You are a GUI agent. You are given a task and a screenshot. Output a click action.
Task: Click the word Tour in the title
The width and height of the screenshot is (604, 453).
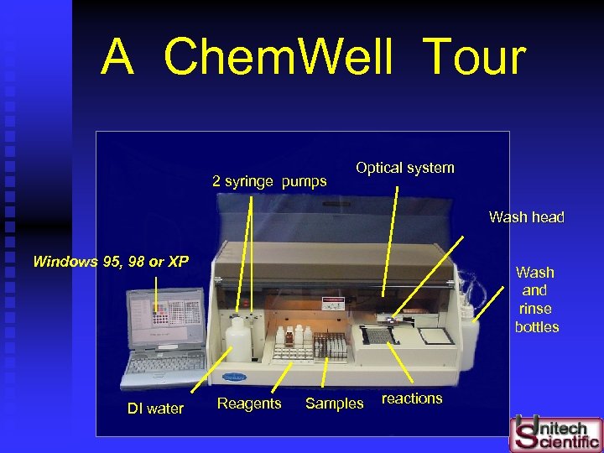475,58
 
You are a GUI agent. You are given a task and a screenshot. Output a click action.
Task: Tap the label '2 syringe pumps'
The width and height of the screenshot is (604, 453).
269,181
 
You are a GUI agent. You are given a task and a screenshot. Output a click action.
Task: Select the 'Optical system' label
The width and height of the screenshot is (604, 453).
404,168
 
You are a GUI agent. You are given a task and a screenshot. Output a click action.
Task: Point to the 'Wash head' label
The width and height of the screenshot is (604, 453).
527,217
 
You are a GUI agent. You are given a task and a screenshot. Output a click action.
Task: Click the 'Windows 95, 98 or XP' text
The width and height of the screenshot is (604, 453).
110,262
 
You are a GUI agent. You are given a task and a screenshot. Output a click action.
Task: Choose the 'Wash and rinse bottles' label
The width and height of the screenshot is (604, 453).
535,299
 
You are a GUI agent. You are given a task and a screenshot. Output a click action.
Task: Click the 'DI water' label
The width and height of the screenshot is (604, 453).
155,409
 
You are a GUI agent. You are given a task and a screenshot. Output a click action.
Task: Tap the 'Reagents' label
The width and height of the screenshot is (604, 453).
249,404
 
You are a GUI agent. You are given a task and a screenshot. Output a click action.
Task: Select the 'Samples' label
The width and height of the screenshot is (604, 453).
334,404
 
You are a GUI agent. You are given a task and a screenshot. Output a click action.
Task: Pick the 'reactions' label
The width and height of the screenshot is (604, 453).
412,398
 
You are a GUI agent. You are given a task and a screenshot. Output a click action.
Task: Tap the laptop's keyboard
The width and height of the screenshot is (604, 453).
163,362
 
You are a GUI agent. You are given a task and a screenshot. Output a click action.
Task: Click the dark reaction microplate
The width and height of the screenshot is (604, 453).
377,336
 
